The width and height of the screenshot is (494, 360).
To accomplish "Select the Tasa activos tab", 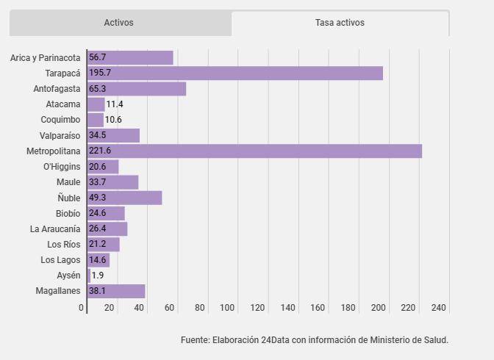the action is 340,23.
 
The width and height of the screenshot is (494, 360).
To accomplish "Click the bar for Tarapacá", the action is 235,73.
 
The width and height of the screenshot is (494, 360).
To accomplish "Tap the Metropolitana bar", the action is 255,151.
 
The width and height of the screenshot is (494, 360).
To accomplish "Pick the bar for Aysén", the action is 89,276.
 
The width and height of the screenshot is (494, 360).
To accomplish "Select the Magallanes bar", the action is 116,291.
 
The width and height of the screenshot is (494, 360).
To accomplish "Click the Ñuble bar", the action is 125,198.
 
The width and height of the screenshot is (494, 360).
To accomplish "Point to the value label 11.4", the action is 115,104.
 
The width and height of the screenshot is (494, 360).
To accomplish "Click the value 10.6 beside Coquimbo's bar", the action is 113,120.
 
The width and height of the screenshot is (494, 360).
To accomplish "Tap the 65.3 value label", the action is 97,88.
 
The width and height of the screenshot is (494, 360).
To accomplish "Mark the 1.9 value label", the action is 98,276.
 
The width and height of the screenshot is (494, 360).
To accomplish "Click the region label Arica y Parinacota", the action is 46,58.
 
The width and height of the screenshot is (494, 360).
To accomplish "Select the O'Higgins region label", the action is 62,166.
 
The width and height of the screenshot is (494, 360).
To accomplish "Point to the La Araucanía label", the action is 55,228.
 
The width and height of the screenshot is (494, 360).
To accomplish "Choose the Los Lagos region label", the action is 60,260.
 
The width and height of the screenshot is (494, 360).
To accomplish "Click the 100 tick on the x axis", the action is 227,307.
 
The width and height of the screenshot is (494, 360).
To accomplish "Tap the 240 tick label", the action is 439,307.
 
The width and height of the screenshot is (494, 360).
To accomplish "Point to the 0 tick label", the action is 82,307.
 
